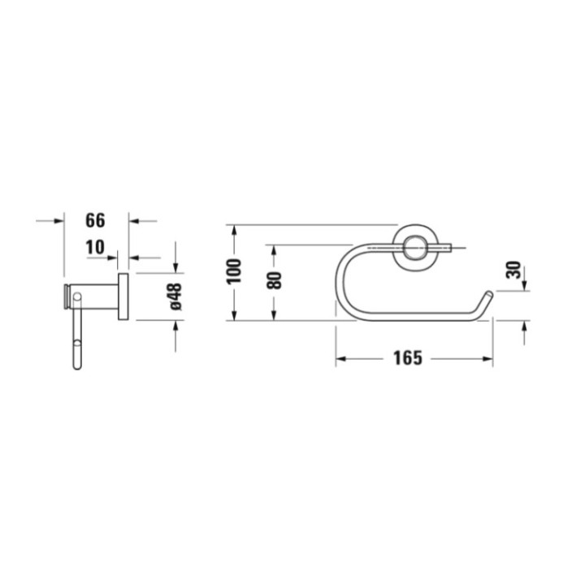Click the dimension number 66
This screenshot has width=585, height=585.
96,220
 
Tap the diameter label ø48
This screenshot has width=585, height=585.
175,296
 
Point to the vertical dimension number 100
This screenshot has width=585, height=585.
233,271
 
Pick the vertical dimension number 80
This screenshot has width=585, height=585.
274,280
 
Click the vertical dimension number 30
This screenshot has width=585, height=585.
513,271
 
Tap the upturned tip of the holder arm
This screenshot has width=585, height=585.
486,295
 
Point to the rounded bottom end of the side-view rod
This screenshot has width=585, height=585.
77,364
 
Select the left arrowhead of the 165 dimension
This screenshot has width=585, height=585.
340,357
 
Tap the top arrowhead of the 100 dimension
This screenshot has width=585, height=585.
233,229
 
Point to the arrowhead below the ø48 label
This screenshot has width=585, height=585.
175,326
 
